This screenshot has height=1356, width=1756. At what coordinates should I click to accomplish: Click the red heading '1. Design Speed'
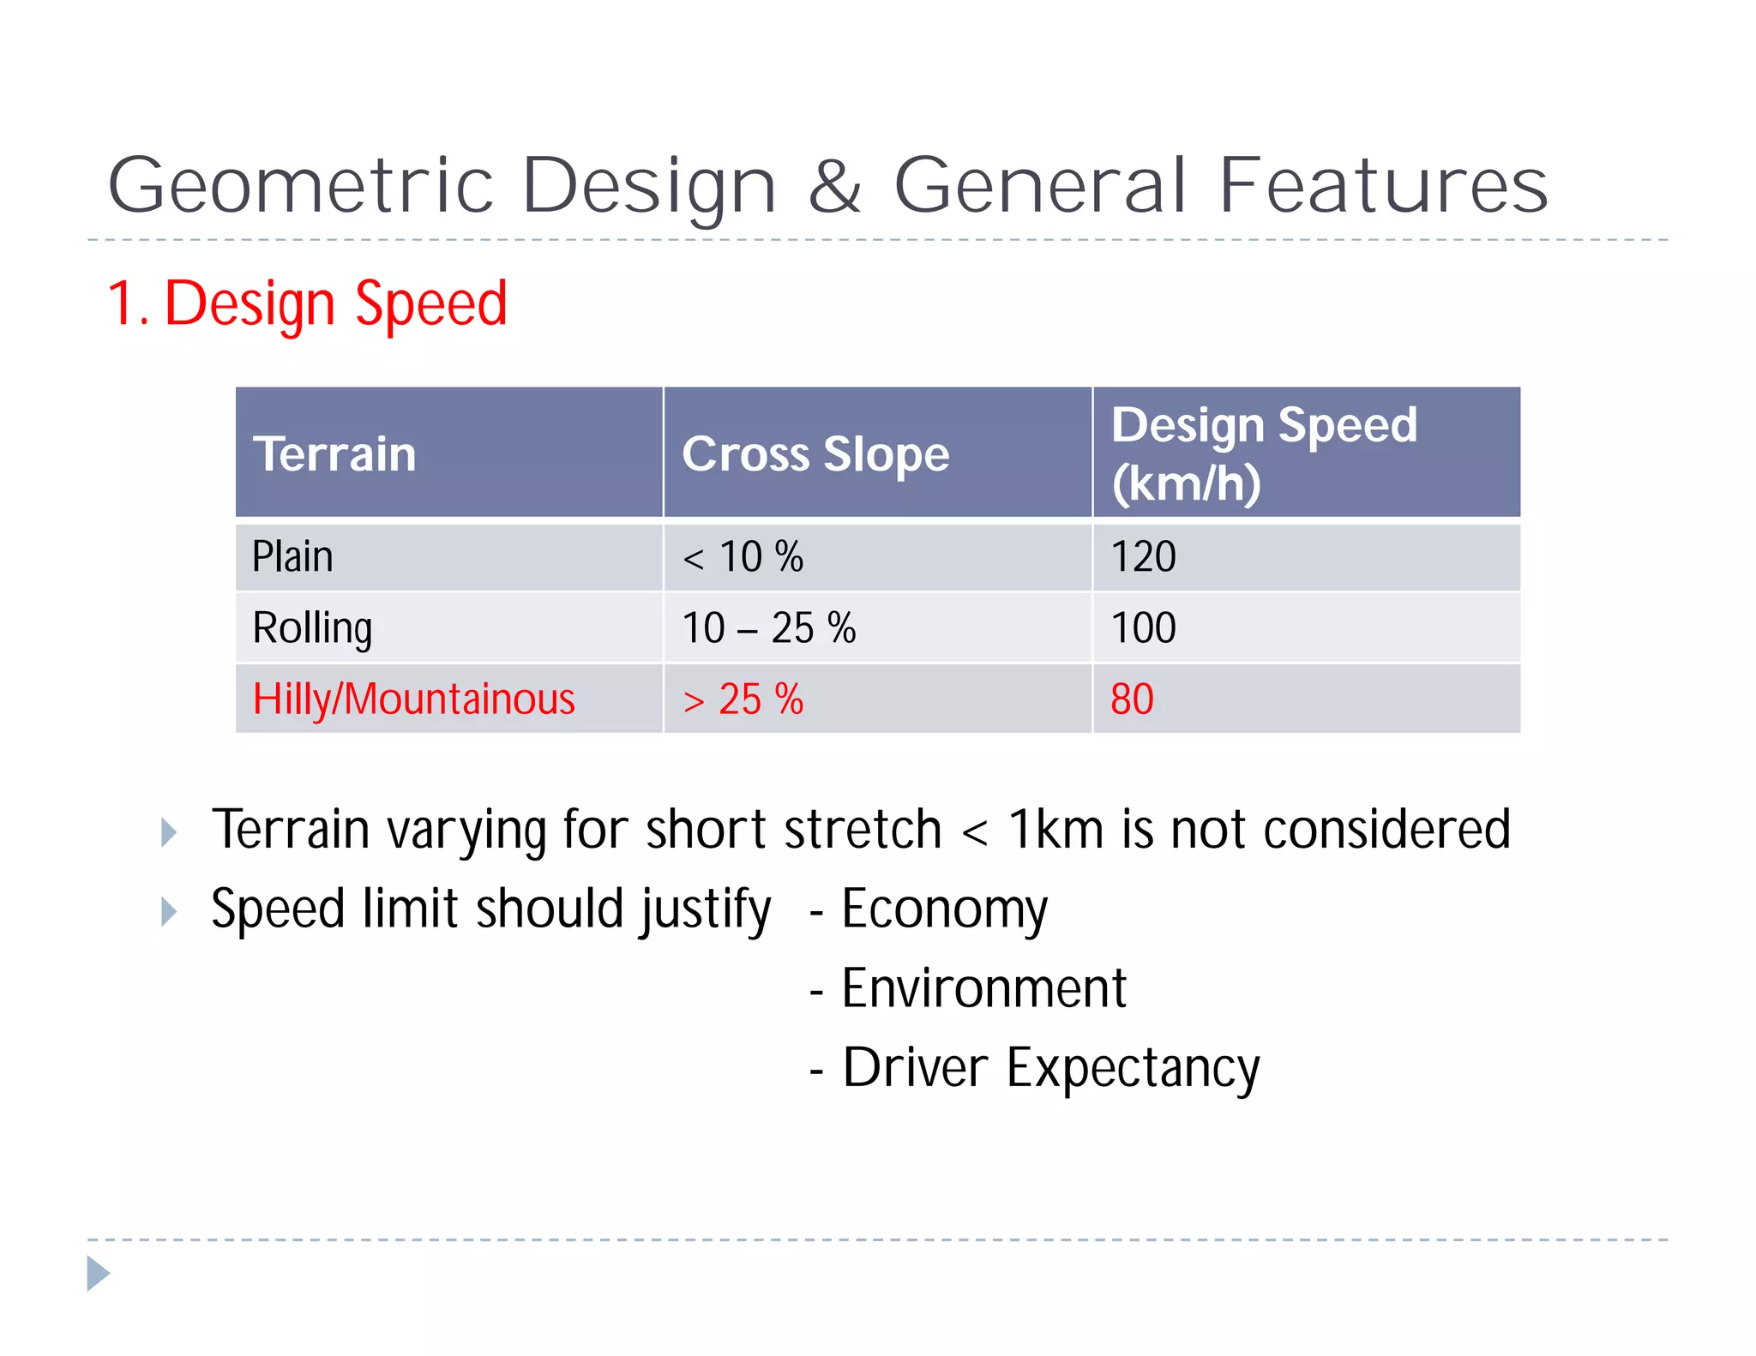click(307, 303)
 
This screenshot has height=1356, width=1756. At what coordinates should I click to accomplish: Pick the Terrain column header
click(334, 453)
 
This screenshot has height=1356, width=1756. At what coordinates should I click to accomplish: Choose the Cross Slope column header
click(815, 453)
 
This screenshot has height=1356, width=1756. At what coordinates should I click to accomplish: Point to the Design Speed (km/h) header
click(1264, 453)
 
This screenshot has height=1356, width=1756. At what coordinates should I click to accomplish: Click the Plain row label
click(292, 557)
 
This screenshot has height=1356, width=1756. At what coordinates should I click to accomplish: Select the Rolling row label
click(312, 628)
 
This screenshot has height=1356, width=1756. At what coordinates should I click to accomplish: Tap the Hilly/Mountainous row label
click(413, 699)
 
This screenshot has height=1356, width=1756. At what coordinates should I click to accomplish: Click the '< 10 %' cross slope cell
click(743, 557)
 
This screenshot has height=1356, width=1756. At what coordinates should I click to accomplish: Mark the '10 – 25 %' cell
click(768, 628)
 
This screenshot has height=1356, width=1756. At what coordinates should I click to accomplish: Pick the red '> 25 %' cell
click(743, 699)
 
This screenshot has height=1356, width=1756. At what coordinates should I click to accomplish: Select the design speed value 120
click(1143, 557)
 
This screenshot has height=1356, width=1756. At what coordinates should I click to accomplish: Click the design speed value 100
click(1143, 628)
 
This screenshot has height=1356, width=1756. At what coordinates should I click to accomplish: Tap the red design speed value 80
click(1132, 699)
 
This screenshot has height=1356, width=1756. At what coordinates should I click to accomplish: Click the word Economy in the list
click(944, 909)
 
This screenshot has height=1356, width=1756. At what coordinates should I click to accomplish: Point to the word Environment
click(983, 988)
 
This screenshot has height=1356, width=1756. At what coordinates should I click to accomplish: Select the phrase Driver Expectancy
click(1050, 1068)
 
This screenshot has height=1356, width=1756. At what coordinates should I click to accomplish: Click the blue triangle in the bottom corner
click(98, 1274)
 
